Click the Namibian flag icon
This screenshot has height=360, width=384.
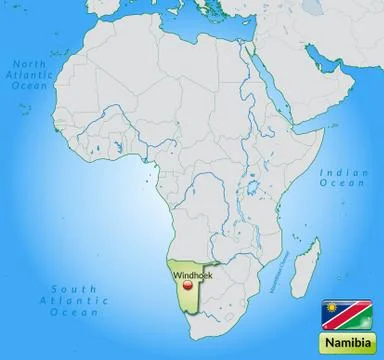point(335,313)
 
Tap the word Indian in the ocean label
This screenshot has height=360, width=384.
point(336,173)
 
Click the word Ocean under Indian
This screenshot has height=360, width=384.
point(336,184)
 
